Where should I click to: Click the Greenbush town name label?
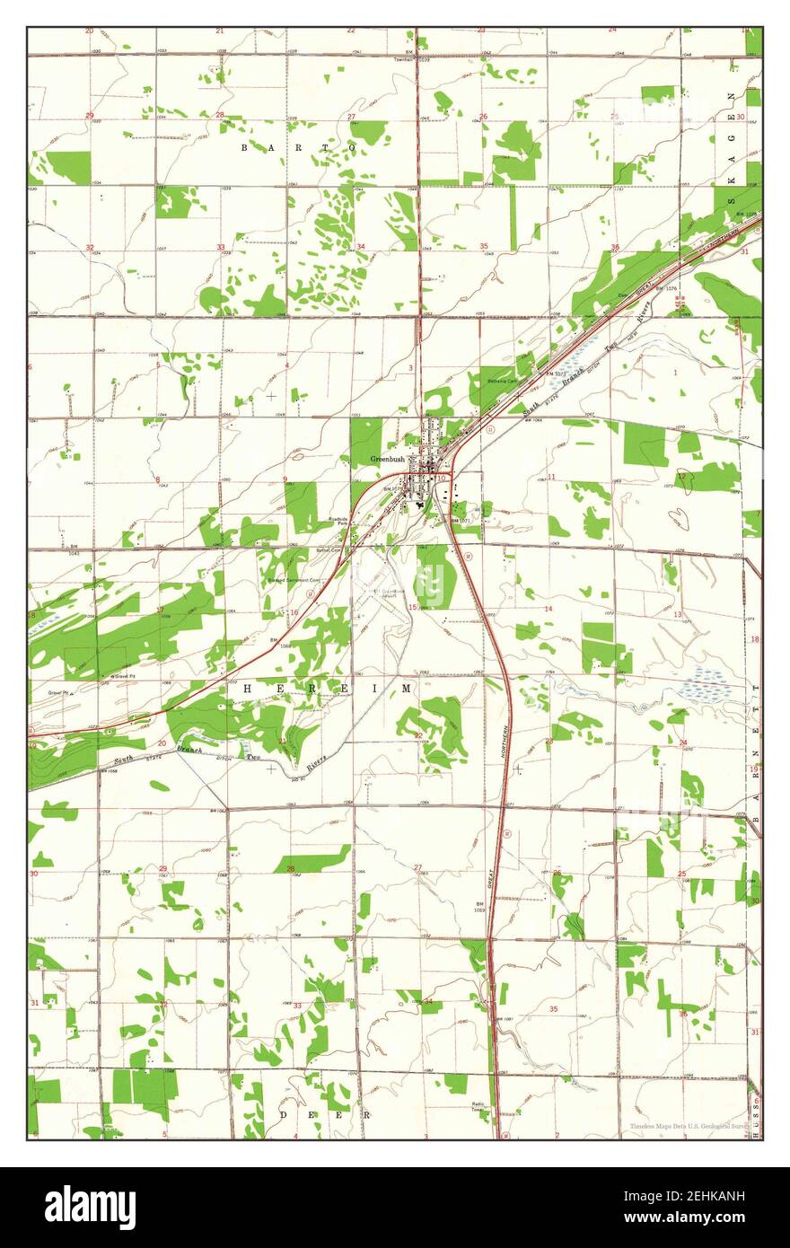pos(387,460)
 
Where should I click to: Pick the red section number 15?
pos(412,608)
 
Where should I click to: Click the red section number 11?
pos(551,477)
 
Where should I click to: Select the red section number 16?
pos(294,612)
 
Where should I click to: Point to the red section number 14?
pos(549,609)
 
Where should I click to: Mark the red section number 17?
pos(160,610)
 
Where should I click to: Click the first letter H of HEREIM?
pos(248,688)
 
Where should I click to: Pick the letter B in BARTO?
pos(244,146)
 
